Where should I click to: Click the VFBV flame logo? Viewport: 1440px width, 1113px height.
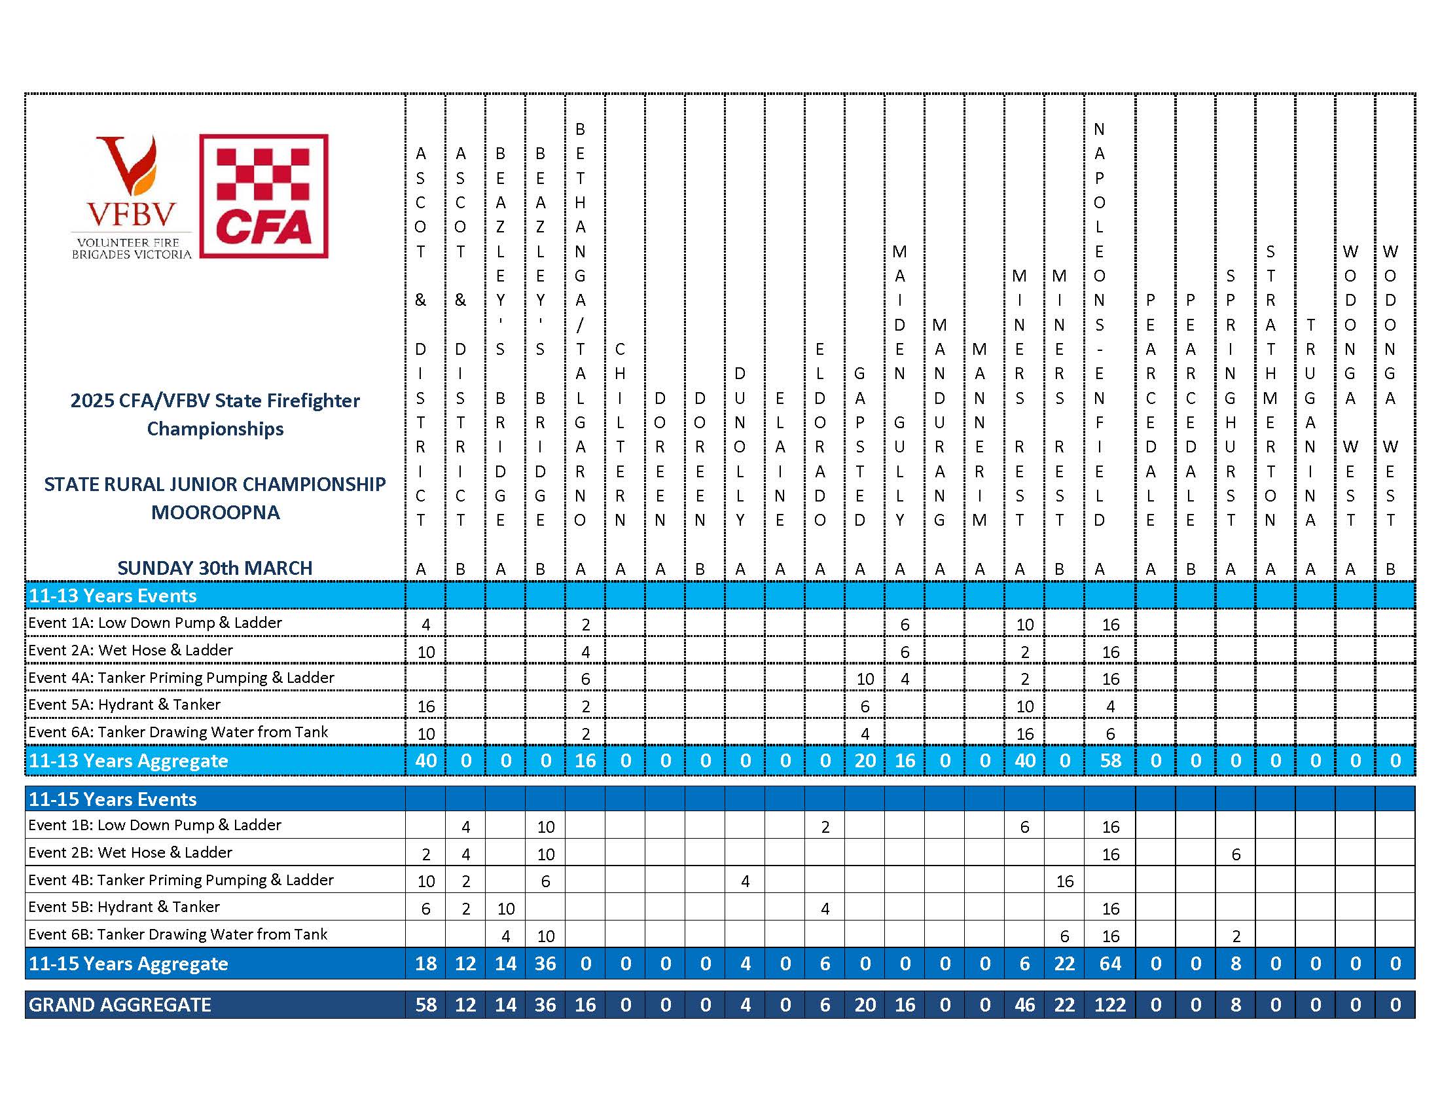[x=132, y=196]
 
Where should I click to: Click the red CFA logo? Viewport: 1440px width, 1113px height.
[x=264, y=196]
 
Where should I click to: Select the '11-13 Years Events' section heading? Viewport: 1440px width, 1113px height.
[x=113, y=595]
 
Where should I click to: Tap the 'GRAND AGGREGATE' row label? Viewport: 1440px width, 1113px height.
[x=120, y=1004]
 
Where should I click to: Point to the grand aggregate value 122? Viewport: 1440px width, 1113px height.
[x=1109, y=1004]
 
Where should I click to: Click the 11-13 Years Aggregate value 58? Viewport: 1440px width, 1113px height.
[x=1110, y=760]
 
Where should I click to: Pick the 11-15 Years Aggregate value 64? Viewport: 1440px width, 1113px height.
[x=1110, y=963]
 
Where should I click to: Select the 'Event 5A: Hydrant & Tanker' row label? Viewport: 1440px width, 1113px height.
[x=124, y=704]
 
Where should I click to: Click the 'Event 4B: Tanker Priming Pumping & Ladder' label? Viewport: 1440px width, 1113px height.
[x=181, y=879]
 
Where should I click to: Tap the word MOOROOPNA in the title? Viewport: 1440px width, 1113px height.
[x=215, y=513]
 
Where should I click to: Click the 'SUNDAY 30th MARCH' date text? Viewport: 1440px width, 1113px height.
[x=215, y=568]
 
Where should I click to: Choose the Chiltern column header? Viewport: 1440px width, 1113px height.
[x=620, y=435]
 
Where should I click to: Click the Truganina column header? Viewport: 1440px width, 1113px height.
[x=1310, y=423]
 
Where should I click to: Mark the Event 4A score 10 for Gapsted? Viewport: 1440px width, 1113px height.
[x=865, y=678]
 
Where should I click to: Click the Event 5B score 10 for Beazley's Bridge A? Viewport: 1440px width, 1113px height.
[x=506, y=909]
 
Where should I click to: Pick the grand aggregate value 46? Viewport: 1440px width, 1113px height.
[x=1024, y=1004]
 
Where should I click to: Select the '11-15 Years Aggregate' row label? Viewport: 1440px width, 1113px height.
[x=128, y=963]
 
